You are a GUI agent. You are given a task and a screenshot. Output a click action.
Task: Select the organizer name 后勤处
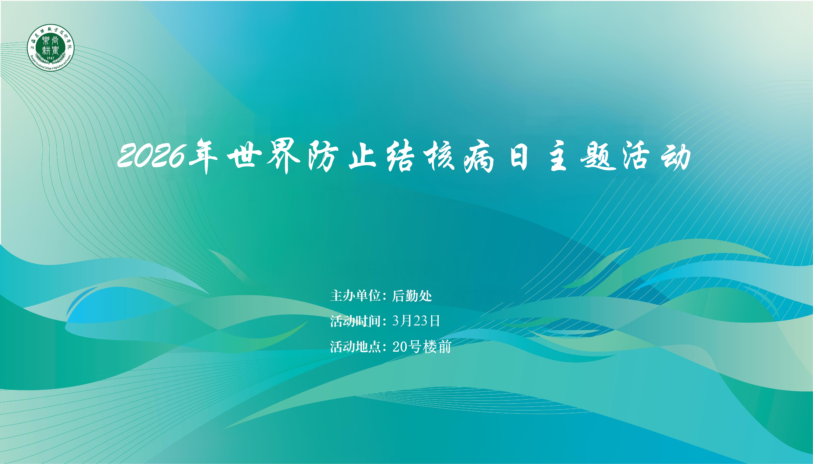tap(412, 296)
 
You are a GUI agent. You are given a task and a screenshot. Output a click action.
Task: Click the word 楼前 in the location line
tap(437, 346)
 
